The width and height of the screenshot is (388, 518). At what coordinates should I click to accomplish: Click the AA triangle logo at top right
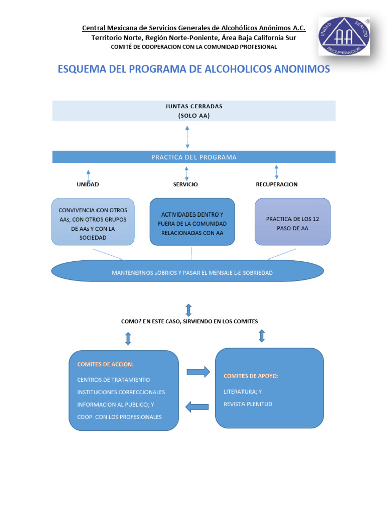[344, 36]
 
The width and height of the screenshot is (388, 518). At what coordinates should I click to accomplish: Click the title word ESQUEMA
[82, 69]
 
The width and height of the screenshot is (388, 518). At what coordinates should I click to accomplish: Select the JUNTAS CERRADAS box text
[193, 111]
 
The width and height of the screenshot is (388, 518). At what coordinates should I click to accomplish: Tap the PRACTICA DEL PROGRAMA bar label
[193, 157]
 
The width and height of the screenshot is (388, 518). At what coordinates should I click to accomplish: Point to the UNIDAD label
[87, 184]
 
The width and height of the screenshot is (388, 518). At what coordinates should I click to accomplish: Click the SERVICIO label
[185, 184]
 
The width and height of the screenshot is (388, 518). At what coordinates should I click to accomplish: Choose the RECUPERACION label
[276, 184]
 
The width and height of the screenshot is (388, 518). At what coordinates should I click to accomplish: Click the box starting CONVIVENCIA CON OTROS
[93, 222]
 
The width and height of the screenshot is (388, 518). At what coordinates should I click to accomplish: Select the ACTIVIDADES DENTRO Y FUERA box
[192, 222]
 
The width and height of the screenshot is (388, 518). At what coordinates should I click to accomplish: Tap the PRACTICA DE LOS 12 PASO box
[293, 222]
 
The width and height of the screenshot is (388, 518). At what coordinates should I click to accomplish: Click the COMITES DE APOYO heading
[251, 376]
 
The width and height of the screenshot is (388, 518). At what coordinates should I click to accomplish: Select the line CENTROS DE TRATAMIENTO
[113, 379]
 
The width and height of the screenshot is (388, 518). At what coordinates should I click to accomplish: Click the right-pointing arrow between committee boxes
[198, 372]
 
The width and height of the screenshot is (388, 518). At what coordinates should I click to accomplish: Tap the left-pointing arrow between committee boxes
[197, 406]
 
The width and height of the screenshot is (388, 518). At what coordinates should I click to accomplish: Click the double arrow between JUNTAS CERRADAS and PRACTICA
[187, 137]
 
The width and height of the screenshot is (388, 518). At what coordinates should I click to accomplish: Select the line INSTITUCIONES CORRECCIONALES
[121, 392]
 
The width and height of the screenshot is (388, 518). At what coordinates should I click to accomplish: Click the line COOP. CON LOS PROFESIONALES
[119, 417]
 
